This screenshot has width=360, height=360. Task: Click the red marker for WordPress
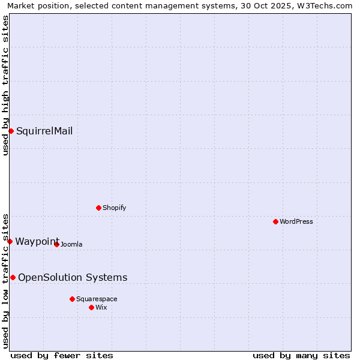pyautogui.click(x=275, y=221)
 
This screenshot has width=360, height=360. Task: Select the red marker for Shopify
pyautogui.click(x=98, y=208)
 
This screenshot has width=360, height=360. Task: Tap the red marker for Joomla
pyautogui.click(x=56, y=244)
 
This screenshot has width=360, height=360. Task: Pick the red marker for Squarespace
pyautogui.click(x=72, y=299)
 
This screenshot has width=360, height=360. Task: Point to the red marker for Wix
pyautogui.click(x=91, y=307)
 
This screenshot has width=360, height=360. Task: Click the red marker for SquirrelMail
pyautogui.click(x=11, y=131)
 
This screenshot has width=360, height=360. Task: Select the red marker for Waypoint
pyautogui.click(x=10, y=241)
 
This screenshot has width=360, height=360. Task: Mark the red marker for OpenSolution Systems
pyautogui.click(x=13, y=277)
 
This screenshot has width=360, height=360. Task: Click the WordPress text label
pyautogui.click(x=296, y=221)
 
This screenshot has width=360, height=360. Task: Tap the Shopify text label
pyautogui.click(x=114, y=208)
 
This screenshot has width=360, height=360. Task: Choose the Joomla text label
pyautogui.click(x=71, y=244)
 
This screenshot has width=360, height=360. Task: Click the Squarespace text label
pyautogui.click(x=97, y=299)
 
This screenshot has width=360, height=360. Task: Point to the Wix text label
pyautogui.click(x=101, y=307)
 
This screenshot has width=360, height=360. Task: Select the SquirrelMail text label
pyautogui.click(x=44, y=131)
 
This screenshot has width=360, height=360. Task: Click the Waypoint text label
pyautogui.click(x=37, y=241)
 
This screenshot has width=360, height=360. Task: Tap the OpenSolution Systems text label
pyautogui.click(x=73, y=277)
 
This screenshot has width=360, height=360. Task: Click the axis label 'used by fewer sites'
pyautogui.click(x=62, y=355)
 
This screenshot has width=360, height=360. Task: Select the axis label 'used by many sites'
pyautogui.click(x=301, y=355)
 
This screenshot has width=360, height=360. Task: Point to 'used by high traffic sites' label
pyautogui.click(x=5, y=85)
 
